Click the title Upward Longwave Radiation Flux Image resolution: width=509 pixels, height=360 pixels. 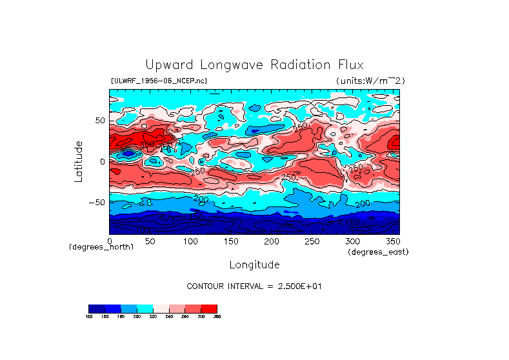254,65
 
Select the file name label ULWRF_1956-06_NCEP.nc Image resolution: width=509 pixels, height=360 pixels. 159,81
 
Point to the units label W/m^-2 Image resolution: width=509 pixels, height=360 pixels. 370,81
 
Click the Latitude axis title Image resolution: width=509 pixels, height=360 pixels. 79,161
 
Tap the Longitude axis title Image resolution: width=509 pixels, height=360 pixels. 254,265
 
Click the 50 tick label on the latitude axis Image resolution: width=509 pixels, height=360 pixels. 99,121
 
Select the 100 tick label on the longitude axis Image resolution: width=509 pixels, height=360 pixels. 190,241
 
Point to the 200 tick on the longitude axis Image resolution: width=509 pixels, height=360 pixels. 271,241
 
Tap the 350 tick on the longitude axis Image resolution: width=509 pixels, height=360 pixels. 392,241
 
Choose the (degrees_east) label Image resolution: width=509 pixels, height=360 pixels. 377,252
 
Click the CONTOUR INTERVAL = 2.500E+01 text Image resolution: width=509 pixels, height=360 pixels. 254,286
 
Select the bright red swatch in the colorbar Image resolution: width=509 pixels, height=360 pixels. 209,308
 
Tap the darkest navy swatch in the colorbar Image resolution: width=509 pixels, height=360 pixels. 96,308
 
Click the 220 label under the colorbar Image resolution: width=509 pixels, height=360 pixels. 153,316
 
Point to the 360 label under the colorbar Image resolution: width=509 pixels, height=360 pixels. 217,316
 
